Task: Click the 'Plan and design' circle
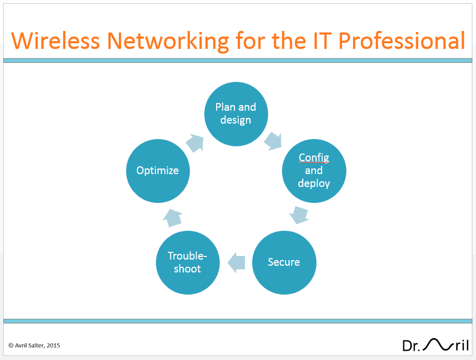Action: coord(236,114)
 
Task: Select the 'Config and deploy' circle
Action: coord(314,171)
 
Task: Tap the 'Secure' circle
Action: coord(284,263)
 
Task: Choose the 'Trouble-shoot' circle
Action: coord(188,263)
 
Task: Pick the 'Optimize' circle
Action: coord(158,171)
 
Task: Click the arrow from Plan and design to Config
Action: coord(273,141)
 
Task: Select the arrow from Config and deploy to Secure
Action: coord(299,215)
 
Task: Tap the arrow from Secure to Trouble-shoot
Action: coord(236,263)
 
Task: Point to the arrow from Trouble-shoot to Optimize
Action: coord(173,218)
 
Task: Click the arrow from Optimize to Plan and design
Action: coord(195,143)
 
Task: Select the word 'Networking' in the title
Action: coord(168,42)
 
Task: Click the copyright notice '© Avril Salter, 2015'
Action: coord(34,346)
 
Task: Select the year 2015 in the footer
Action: coord(54,346)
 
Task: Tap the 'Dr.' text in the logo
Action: coord(411,346)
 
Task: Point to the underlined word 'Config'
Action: coord(314,158)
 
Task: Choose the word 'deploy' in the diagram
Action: coord(314,183)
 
